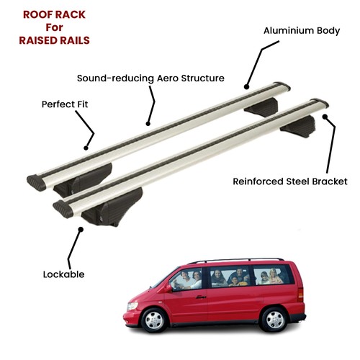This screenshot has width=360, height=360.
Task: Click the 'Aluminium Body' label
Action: [x=302, y=31]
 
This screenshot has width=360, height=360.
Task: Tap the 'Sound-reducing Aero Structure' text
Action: [x=150, y=78]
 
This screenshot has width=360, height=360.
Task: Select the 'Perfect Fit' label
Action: [x=65, y=104]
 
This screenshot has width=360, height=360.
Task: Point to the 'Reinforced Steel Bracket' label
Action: [x=290, y=181]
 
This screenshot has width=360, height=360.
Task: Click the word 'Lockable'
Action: [x=63, y=274]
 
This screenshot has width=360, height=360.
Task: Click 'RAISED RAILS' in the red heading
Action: [x=54, y=40]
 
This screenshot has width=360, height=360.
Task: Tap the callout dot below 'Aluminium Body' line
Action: [x=246, y=87]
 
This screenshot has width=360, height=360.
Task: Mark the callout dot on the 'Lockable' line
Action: [x=81, y=230]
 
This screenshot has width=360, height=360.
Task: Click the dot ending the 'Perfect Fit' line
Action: [x=86, y=148]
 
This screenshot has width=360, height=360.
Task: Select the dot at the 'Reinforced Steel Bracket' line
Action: [x=325, y=117]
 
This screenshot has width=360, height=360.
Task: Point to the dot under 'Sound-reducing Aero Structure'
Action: [x=148, y=124]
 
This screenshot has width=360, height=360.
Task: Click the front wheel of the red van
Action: [x=154, y=320]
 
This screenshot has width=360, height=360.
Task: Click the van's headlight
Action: [x=132, y=306]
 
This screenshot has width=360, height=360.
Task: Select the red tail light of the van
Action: [x=300, y=294]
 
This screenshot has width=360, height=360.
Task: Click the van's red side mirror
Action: [x=168, y=288]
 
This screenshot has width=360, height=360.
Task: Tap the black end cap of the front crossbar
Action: [x=63, y=209]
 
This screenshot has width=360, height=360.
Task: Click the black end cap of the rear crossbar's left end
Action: [x=37, y=183]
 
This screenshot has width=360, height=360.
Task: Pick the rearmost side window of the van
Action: [x=273, y=275]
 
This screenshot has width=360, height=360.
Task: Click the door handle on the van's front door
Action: [x=201, y=297]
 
